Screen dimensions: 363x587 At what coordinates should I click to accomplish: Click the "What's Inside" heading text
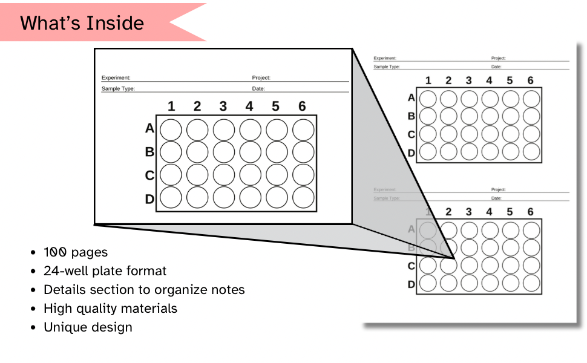coord(82,23)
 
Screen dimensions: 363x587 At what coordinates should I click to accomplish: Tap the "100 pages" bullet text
coord(76,252)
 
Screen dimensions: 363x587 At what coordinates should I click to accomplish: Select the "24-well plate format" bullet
coord(105,271)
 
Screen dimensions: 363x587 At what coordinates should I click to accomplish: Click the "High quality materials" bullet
coord(110,309)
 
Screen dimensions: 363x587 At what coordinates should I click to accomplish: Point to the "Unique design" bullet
coord(88,327)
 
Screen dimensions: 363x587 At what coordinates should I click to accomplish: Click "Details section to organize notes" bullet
coord(144,290)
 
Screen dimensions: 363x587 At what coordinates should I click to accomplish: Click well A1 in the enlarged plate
coord(171,129)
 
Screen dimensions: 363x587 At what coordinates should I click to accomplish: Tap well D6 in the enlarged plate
coord(303,197)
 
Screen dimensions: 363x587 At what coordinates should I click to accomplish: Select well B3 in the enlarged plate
coord(224,152)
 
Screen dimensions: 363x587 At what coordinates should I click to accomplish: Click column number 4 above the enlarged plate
coord(249,106)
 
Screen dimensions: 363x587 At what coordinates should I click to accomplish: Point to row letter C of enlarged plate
coord(149,175)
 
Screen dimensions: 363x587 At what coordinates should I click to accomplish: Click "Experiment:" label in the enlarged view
coord(116,78)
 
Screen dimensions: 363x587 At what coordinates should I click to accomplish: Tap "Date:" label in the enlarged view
coord(258,89)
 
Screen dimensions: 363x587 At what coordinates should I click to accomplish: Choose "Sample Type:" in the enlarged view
coord(118,89)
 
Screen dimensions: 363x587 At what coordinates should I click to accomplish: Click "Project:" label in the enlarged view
coord(261,78)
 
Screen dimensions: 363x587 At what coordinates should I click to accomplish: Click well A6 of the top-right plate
coord(531,98)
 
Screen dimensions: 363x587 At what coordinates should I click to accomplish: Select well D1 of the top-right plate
coord(428,152)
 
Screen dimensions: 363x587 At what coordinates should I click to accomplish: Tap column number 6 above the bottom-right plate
coord(530,212)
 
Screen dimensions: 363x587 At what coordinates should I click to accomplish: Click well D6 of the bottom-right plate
coord(531,283)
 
